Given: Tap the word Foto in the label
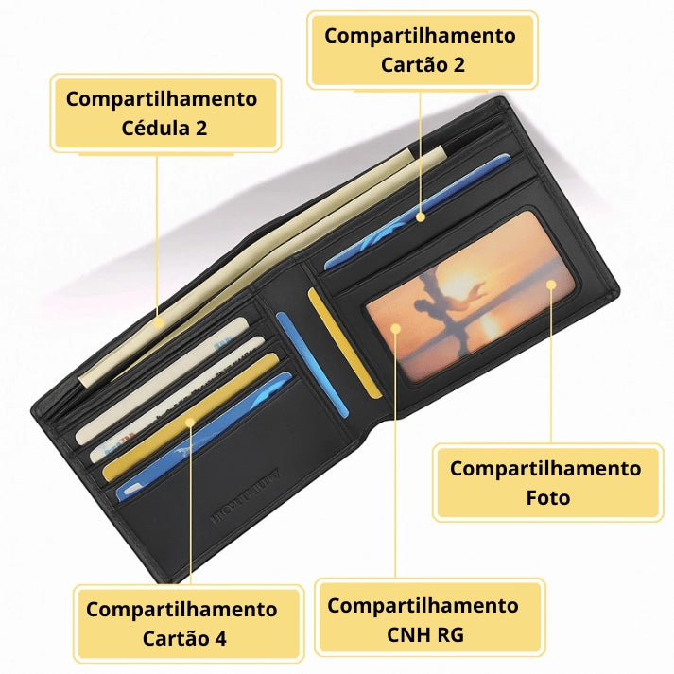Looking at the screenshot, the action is (548, 498).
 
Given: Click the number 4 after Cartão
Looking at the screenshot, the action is (219, 638).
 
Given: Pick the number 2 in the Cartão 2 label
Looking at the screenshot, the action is (458, 65).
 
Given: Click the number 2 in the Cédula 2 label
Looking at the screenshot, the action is (201, 129).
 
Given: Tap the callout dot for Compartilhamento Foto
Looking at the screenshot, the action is (551, 285).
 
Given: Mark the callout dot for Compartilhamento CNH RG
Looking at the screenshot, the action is (395, 329).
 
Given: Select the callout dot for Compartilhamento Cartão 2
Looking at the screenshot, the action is (421, 217).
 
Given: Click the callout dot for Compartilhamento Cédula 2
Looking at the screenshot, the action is (158, 322).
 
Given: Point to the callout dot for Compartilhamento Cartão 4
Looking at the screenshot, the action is (190, 423).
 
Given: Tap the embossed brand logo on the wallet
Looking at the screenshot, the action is (246, 495).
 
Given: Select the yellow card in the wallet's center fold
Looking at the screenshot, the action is (345, 343).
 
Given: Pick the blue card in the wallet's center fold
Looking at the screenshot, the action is (312, 365).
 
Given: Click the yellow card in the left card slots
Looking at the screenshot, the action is (191, 417).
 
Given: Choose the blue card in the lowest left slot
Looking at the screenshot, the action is (204, 437).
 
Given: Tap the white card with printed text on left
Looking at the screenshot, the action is (177, 399).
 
